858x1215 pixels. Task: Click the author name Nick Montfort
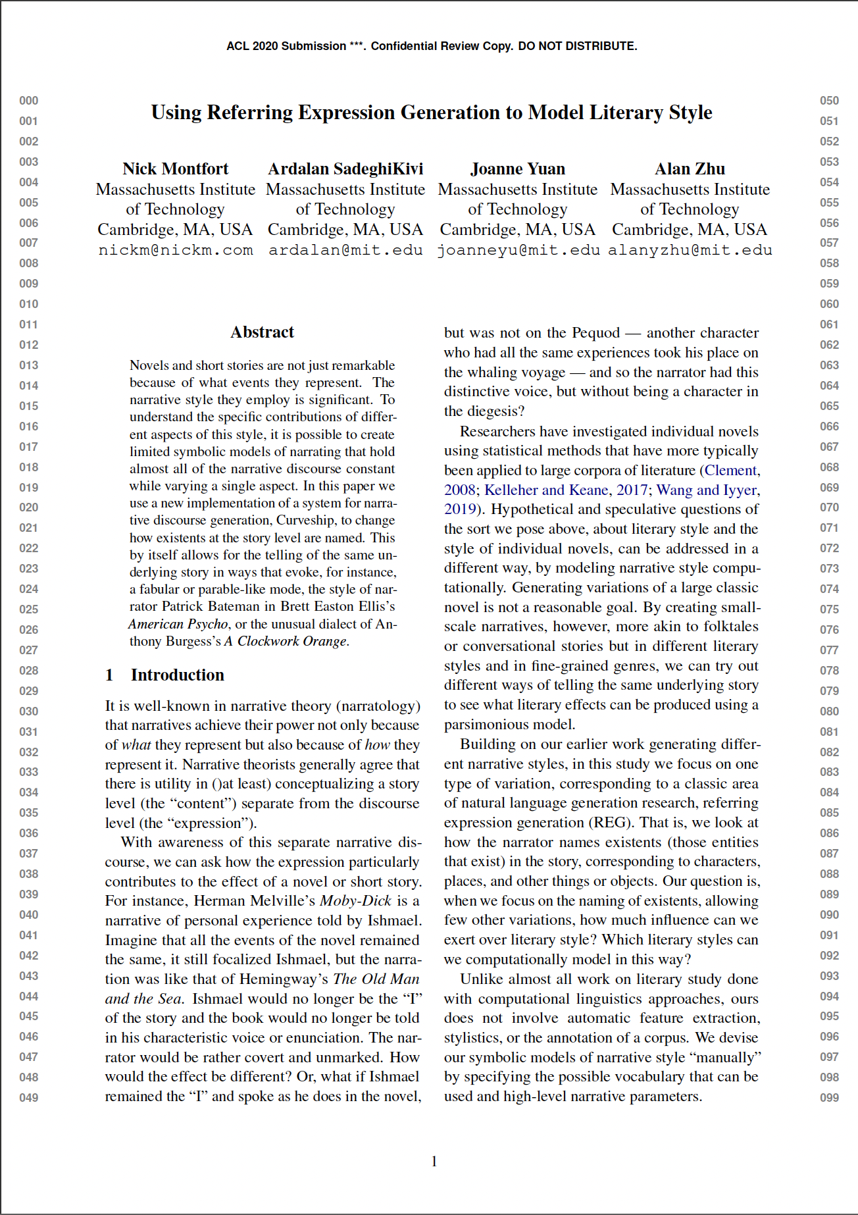click(x=175, y=169)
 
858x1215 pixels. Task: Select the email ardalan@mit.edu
click(x=345, y=250)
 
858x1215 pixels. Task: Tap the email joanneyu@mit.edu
click(x=518, y=250)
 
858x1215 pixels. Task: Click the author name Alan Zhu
click(x=690, y=169)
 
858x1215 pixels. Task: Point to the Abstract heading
click(x=262, y=332)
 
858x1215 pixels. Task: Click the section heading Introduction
click(x=177, y=675)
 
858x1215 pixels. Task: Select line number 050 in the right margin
click(x=829, y=101)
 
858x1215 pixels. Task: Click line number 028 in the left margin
click(x=28, y=671)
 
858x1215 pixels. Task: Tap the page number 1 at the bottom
click(x=434, y=1162)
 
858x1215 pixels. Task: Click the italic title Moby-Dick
click(x=355, y=901)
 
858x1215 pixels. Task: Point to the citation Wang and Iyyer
click(x=707, y=490)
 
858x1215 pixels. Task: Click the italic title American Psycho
click(x=178, y=624)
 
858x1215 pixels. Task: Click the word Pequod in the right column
click(x=595, y=333)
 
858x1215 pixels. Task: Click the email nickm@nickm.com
click(x=175, y=250)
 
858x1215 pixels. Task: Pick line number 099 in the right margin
click(x=829, y=1098)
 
